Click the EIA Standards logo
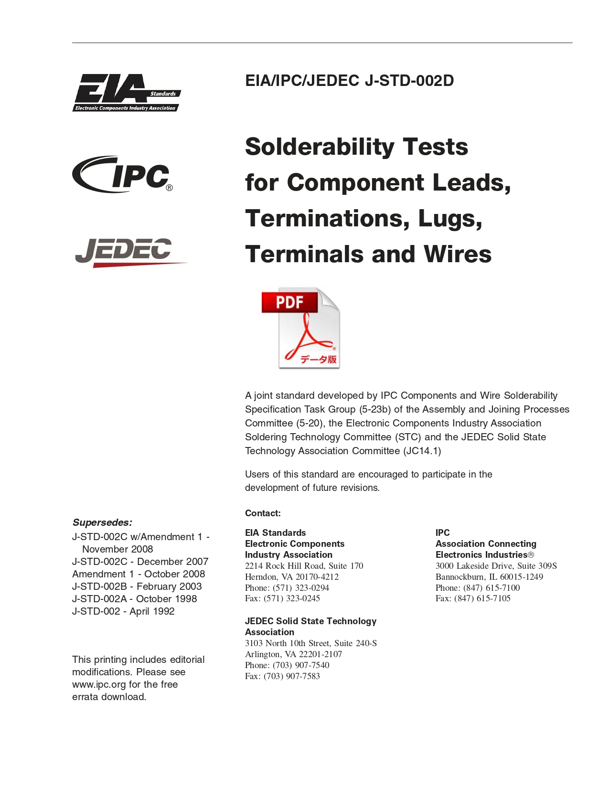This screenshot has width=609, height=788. [x=127, y=93]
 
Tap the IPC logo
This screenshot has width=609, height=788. [x=123, y=175]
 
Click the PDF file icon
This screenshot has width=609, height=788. [x=300, y=328]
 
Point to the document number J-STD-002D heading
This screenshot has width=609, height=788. [x=349, y=81]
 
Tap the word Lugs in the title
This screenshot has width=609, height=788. [x=449, y=218]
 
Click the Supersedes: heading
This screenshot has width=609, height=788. [x=102, y=522]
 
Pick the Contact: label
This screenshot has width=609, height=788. [x=263, y=513]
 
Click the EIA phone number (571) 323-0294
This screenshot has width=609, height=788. [x=300, y=588]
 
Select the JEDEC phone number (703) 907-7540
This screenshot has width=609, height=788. [x=300, y=665]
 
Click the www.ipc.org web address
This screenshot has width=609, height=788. [x=99, y=684]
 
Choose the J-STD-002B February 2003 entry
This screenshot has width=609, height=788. [x=137, y=586]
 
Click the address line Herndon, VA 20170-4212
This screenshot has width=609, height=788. [x=291, y=577]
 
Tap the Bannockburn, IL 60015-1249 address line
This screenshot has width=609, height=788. [x=489, y=577]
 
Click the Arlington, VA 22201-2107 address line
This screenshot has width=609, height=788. [x=293, y=654]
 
